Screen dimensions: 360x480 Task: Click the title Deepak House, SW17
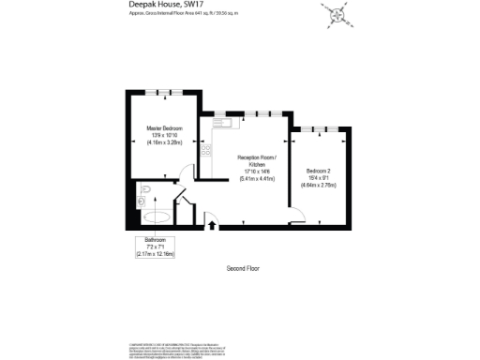pos(162,6)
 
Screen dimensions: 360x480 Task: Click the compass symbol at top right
pos(335,12)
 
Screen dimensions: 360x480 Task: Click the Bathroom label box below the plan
pos(156,247)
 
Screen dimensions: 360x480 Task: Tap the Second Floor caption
pos(243,269)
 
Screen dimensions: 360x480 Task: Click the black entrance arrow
pos(211,224)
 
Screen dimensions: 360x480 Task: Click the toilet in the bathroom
pos(141,199)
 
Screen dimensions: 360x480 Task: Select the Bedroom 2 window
pos(318,127)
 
